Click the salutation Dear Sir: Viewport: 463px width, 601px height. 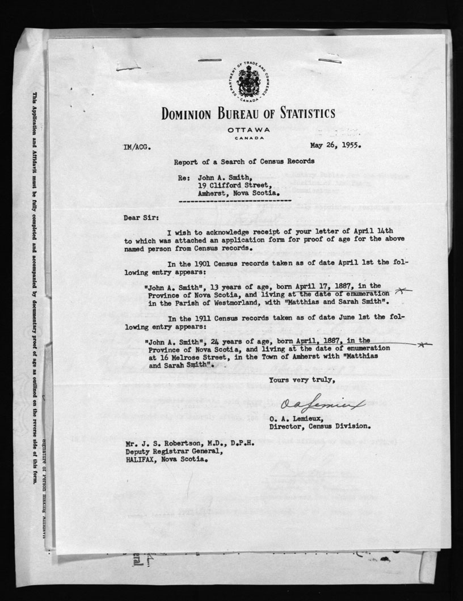click(x=139, y=217)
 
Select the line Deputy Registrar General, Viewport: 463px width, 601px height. click(x=174, y=453)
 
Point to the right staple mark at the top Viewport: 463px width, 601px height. click(x=329, y=60)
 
